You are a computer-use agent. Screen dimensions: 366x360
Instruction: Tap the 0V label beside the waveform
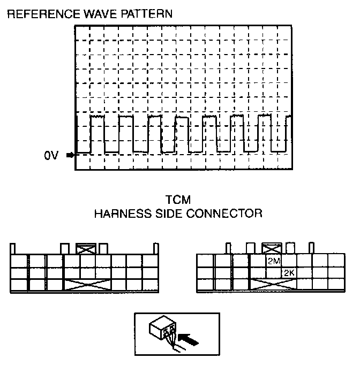point(51,156)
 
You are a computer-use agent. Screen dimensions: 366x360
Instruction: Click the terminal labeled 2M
point(274,261)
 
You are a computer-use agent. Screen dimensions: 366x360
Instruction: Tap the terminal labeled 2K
point(289,273)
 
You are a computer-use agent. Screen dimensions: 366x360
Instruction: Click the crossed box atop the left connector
point(85,249)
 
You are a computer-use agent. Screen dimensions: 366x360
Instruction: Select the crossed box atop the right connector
point(272,249)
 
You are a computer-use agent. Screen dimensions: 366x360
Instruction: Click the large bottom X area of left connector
point(87,285)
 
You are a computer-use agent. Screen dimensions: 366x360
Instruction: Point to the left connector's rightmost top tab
point(156,249)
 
